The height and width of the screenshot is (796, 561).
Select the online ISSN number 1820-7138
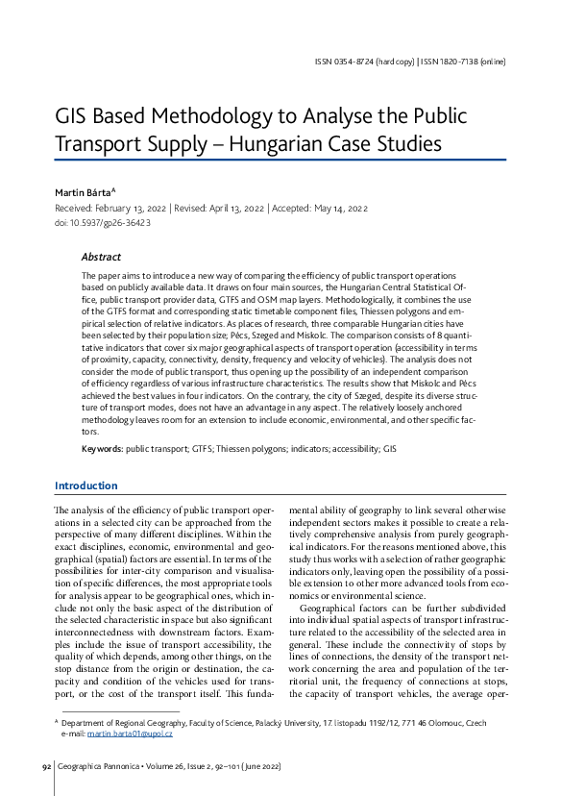[x=460, y=62]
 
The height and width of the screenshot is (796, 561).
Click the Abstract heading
[x=101, y=258]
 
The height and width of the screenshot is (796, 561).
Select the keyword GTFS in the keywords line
[x=199, y=449]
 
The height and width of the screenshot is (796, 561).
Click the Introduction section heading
[x=86, y=485]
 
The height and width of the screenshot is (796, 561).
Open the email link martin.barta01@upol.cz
[x=130, y=734]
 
